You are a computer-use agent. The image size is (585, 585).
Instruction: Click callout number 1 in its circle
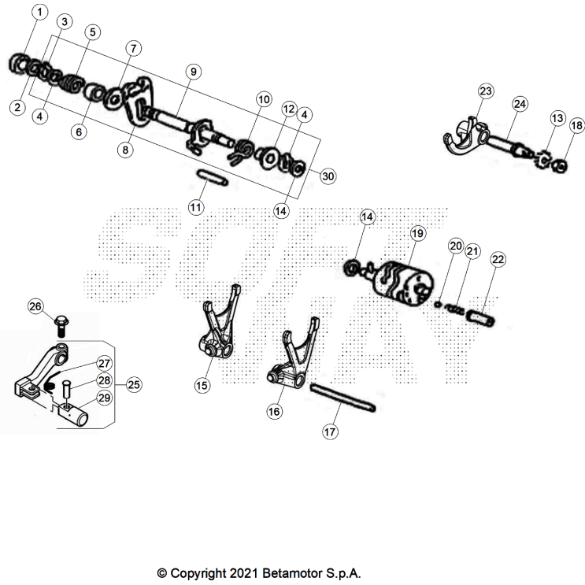click(x=40, y=12)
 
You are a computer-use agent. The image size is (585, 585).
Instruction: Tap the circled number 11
click(x=196, y=206)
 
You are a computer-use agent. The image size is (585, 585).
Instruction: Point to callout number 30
click(x=328, y=176)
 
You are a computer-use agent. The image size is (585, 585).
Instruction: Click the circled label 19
click(x=417, y=233)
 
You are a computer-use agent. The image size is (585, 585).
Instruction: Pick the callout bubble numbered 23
click(x=486, y=91)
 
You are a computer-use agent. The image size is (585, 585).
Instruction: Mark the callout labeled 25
click(x=133, y=385)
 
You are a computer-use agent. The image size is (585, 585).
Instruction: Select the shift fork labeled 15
click(x=217, y=331)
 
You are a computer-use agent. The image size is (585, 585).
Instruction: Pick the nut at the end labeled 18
click(x=560, y=165)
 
